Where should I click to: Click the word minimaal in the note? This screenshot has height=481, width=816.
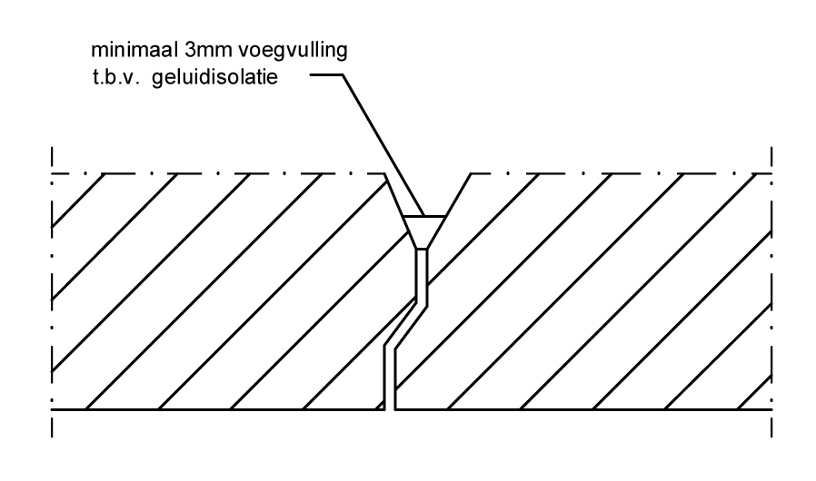point(134,50)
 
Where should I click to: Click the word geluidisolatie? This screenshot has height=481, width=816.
point(215,78)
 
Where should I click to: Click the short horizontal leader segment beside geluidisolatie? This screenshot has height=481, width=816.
point(326,75)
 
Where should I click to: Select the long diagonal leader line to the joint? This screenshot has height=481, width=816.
point(383,145)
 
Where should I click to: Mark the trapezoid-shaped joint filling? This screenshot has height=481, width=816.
point(424,232)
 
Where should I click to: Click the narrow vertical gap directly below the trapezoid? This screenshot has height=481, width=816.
point(422,276)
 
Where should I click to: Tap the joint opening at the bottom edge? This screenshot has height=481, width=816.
point(390,408)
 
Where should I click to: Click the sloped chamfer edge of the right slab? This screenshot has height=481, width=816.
point(458,195)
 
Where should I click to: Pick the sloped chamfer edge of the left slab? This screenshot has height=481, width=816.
point(395,195)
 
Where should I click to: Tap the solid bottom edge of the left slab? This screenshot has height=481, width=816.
point(218,410)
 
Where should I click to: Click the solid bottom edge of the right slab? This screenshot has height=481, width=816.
point(583,410)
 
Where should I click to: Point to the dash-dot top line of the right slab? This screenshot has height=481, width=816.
point(621,173)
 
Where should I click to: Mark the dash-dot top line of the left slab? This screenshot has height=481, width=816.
point(219,173)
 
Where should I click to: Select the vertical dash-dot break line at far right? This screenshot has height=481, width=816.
point(771,291)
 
